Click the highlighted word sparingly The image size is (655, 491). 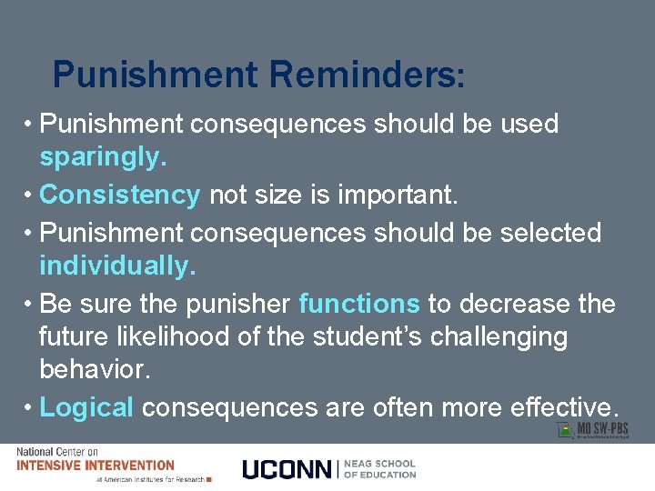103,158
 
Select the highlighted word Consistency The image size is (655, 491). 120,195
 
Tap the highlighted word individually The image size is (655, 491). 117,266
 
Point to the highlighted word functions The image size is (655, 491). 359,303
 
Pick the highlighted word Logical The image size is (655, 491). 87,407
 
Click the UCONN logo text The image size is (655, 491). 287,468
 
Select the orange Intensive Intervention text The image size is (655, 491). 95,465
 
